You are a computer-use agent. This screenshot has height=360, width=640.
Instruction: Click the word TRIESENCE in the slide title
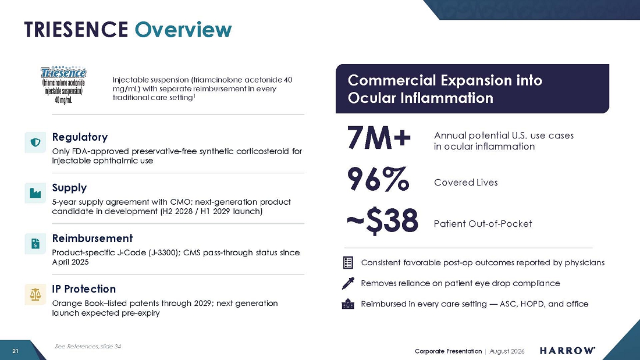[x=76, y=30]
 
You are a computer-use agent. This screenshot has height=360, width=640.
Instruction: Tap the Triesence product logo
[x=63, y=85]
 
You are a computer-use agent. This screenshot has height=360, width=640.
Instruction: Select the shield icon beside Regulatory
[x=35, y=142]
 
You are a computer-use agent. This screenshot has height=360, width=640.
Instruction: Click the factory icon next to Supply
[x=35, y=193]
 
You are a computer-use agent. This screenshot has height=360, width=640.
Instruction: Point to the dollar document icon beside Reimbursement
[x=35, y=244]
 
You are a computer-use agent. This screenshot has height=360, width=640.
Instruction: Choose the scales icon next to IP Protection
[x=35, y=294]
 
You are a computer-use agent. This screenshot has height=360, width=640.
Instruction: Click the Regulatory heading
[x=80, y=137]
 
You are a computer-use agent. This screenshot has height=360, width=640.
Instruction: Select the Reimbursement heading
[x=93, y=238]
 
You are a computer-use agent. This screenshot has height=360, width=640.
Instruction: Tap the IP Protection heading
[x=84, y=289]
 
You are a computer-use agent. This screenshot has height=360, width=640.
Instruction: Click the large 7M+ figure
[x=379, y=138]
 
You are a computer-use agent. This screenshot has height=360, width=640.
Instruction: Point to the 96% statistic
[x=378, y=179]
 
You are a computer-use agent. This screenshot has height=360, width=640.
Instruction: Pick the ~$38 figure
[x=382, y=221]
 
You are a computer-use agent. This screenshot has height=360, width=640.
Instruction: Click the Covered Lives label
[x=465, y=183]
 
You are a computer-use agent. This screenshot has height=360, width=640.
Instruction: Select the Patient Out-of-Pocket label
[x=483, y=224]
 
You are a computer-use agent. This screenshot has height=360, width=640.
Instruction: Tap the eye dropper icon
[x=348, y=283]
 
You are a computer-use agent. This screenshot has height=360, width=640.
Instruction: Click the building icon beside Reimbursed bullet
[x=348, y=304]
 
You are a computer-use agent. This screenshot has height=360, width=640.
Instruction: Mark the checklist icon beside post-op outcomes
[x=348, y=262]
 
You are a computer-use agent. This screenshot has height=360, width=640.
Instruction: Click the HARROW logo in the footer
[x=567, y=351]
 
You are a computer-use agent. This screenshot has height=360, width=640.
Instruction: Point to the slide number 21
[x=16, y=351]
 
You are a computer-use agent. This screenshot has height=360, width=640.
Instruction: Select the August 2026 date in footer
[x=507, y=351]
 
